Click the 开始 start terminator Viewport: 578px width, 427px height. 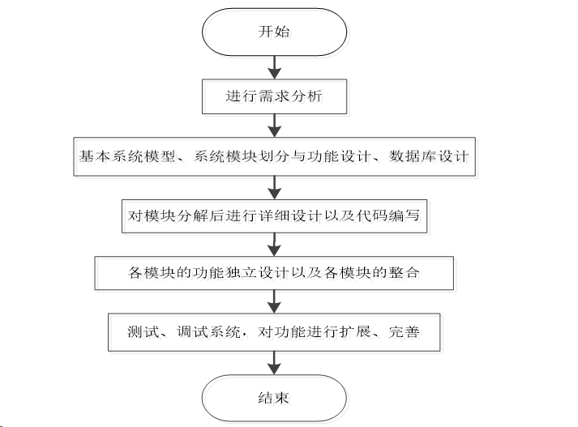pos(274,33)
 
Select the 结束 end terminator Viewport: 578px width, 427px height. pos(274,398)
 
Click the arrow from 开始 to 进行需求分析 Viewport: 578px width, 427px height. pos(274,66)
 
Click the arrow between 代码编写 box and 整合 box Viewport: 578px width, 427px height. pos(274,244)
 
